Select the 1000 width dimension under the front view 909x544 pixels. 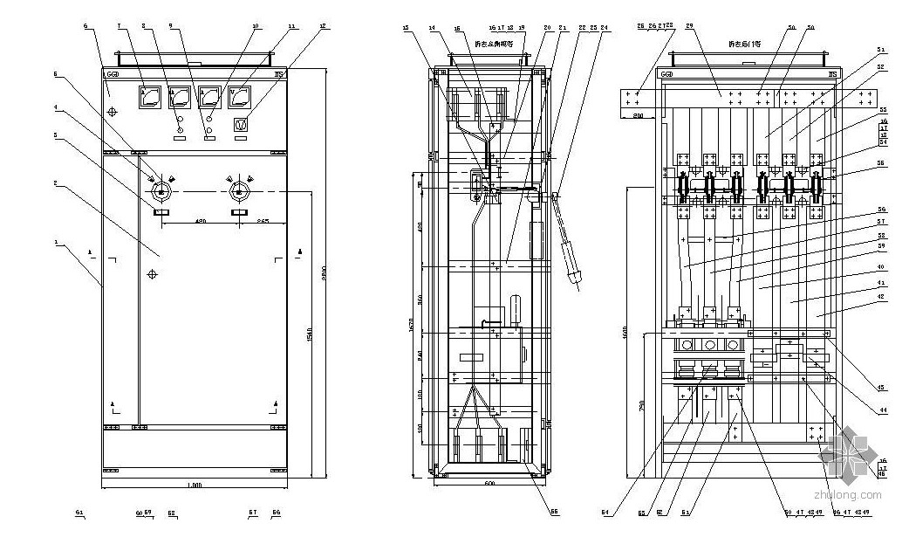pos(195,485)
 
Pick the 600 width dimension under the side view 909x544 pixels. pos(489,484)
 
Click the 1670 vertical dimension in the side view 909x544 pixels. pos(410,324)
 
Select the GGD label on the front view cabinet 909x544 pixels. pos(113,75)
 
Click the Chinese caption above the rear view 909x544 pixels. pos(746,44)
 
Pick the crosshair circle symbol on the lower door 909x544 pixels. pos(153,274)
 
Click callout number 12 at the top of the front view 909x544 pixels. pos(323,27)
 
